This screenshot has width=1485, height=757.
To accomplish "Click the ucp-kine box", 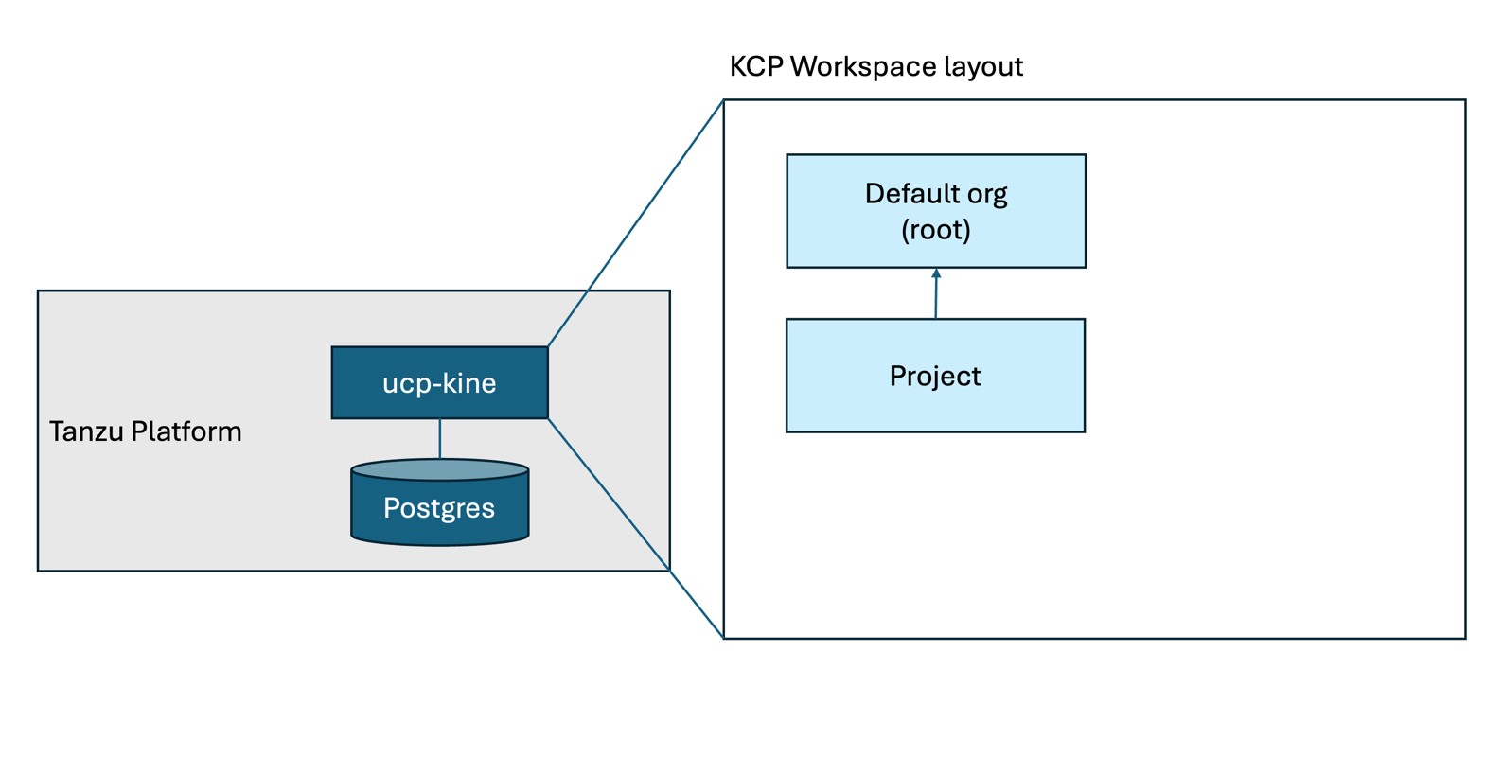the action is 439,382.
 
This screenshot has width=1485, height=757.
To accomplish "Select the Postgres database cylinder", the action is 439,502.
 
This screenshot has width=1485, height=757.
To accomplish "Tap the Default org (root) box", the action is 936,211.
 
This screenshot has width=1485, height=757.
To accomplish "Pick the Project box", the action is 935,376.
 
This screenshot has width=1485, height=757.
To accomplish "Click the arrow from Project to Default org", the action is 936,293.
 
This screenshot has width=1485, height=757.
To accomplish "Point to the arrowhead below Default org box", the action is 936,273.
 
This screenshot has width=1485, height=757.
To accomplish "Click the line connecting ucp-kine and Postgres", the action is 439,439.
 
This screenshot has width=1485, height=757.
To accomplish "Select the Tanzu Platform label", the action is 145,431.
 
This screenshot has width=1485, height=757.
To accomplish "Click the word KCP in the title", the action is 756,66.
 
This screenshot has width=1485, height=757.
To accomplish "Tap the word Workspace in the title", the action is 863,67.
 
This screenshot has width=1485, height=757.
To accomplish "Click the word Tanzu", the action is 86,431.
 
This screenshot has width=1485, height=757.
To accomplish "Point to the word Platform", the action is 186,431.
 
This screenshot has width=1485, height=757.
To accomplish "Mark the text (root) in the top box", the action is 936,230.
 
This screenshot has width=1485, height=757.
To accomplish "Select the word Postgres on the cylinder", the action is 439,509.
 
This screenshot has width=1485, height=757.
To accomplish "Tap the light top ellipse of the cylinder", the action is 439,469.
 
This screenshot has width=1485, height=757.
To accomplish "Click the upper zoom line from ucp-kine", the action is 636,222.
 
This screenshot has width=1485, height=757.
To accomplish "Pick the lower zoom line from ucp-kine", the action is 636,528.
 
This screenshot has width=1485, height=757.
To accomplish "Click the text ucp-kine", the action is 439,383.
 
